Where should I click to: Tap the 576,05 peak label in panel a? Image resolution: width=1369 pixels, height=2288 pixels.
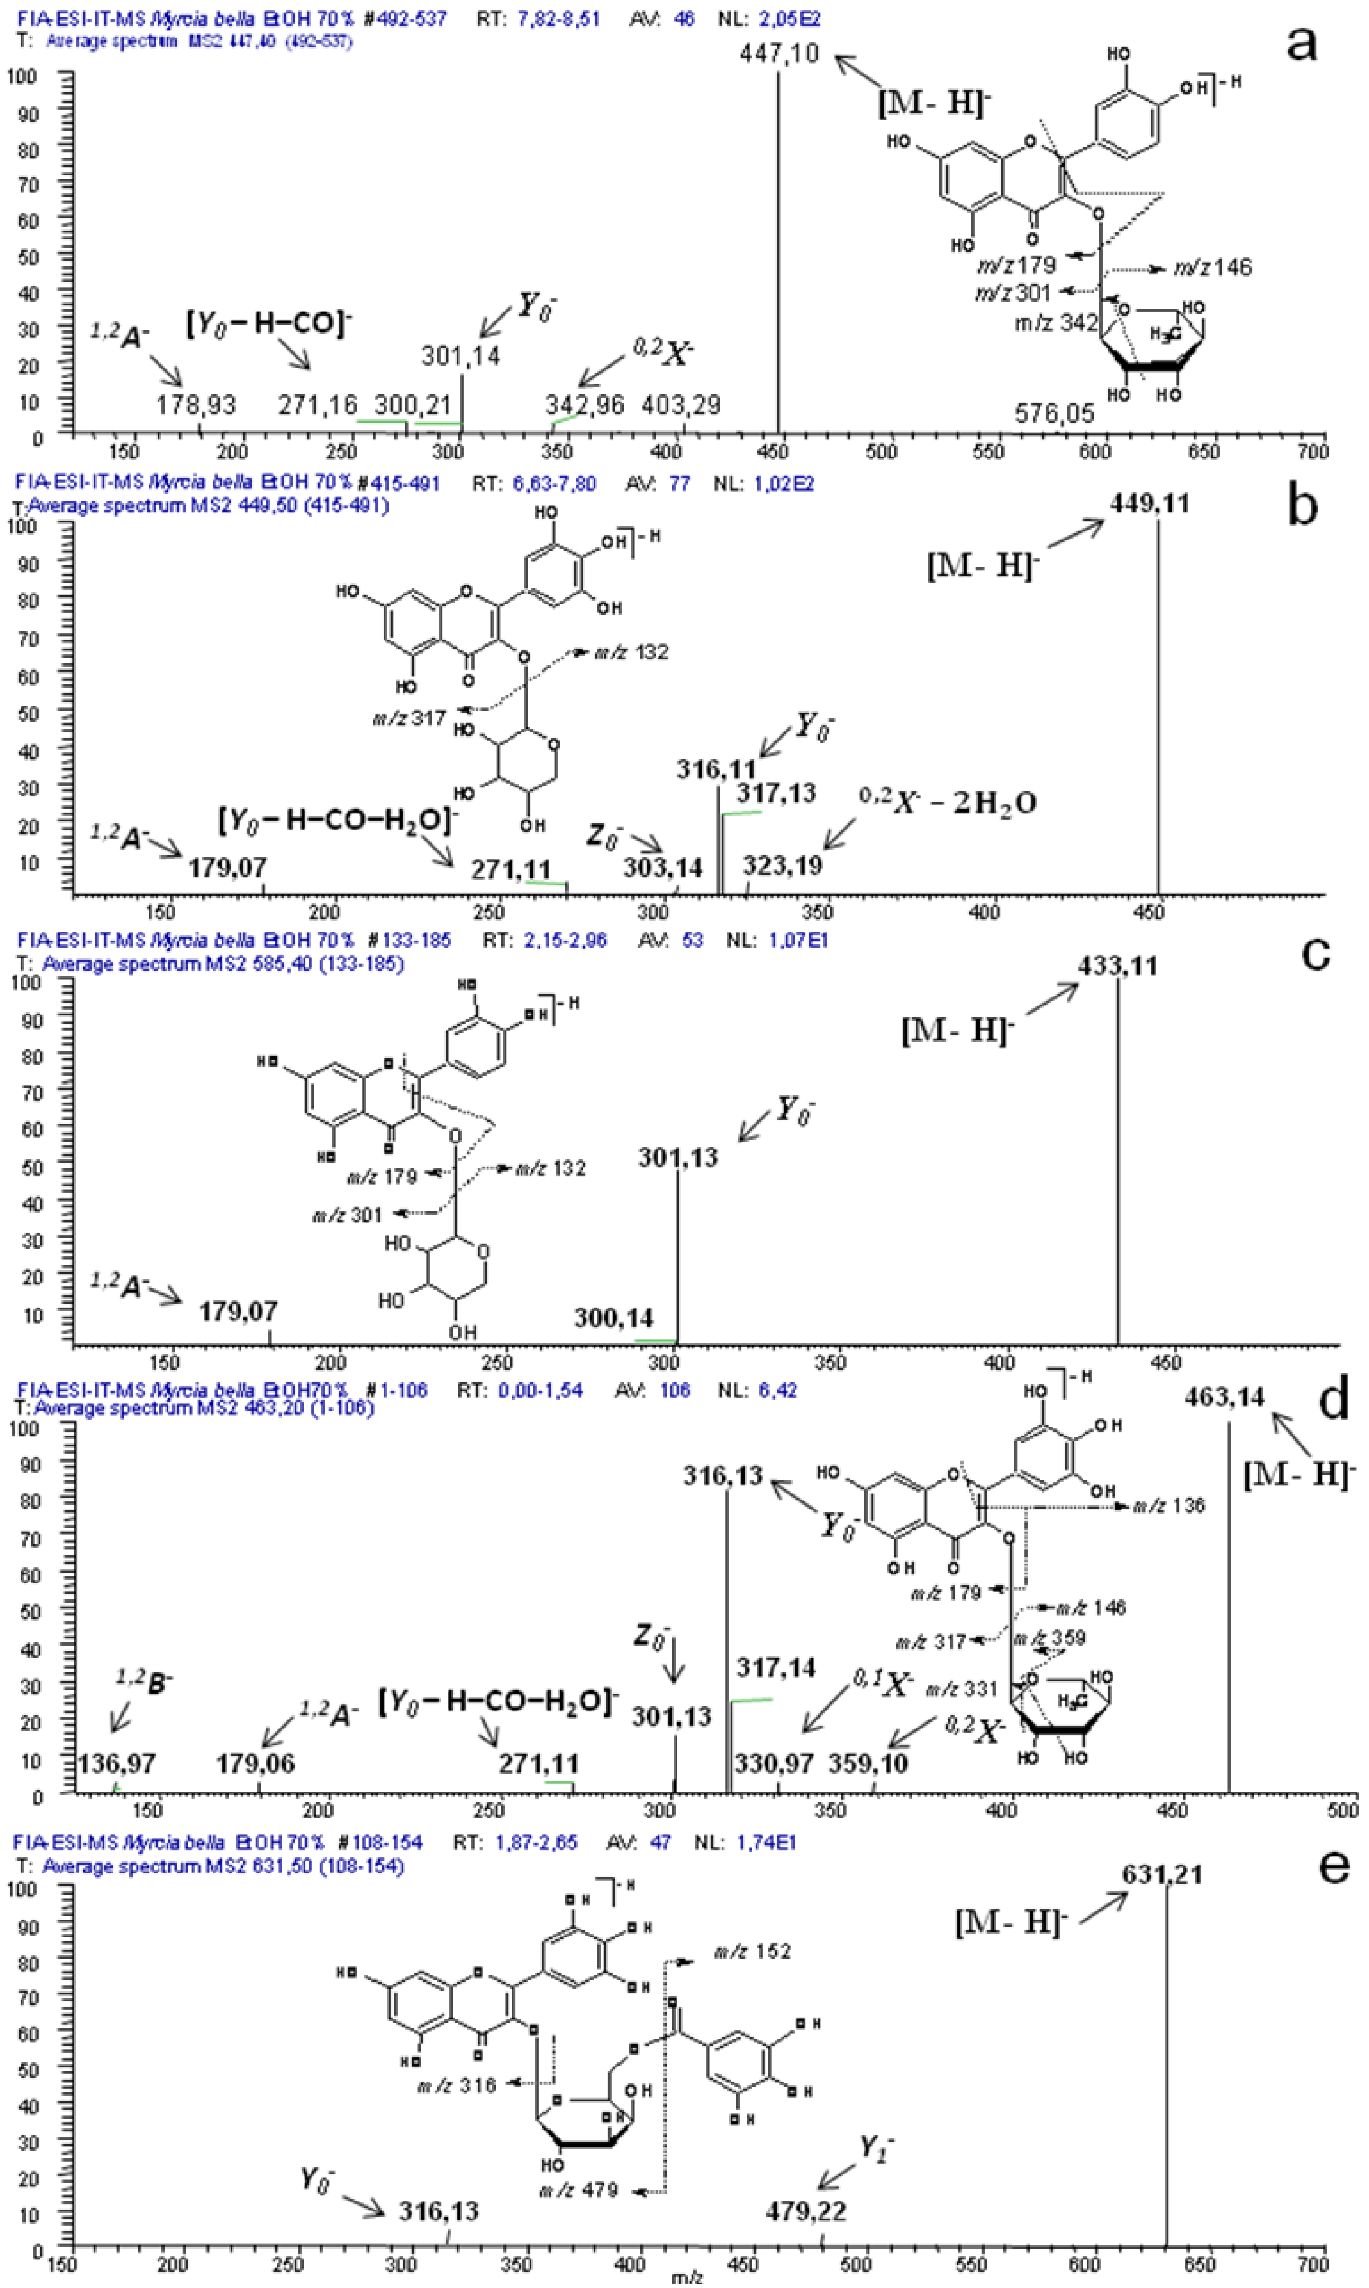pyautogui.click(x=1054, y=413)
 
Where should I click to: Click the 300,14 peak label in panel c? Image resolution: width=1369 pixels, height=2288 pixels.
pyautogui.click(x=613, y=1317)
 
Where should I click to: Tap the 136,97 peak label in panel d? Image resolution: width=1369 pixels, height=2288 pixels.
pyautogui.click(x=116, y=1763)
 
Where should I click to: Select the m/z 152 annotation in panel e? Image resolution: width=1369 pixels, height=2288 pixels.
pyautogui.click(x=752, y=1951)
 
